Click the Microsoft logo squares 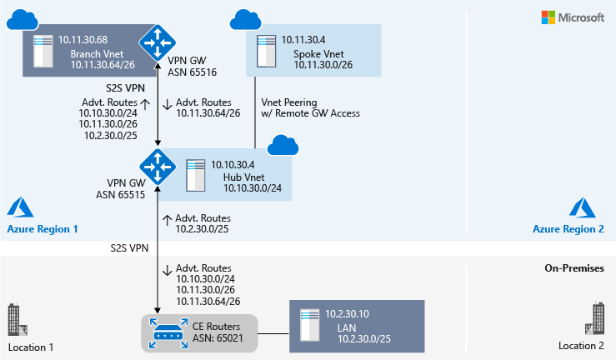tap(548, 17)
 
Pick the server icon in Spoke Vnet tap(266, 50)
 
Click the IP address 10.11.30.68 tap(83, 40)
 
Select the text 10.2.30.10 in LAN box tap(348, 312)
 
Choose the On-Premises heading tap(573, 269)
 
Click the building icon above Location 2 tap(596, 319)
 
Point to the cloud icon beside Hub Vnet tap(282, 147)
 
